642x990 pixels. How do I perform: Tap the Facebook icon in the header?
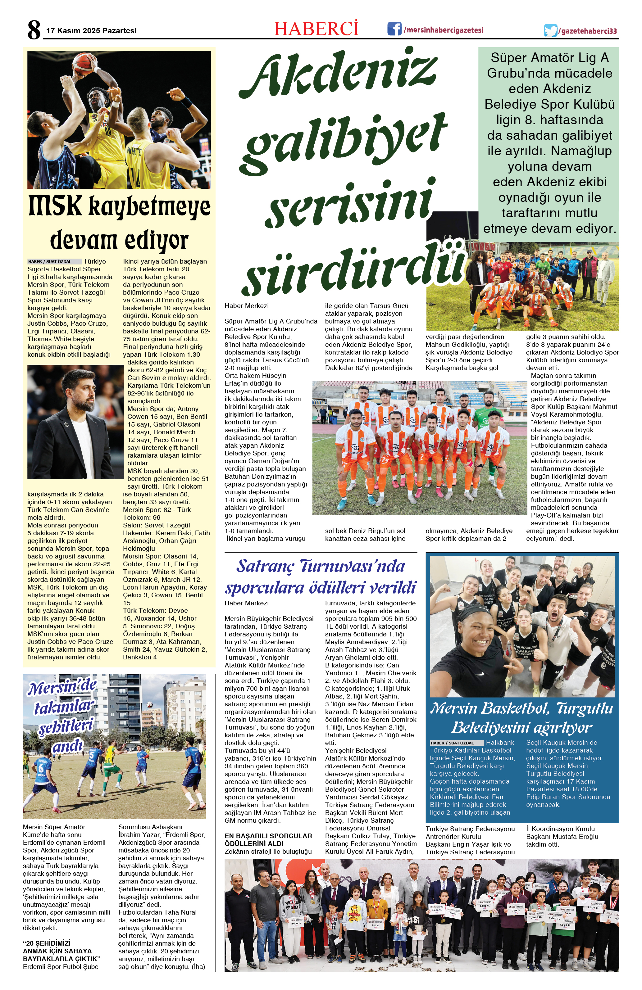(x=394, y=29)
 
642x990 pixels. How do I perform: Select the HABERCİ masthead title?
(x=316, y=29)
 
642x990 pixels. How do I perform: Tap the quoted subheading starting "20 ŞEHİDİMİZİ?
(x=61, y=951)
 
